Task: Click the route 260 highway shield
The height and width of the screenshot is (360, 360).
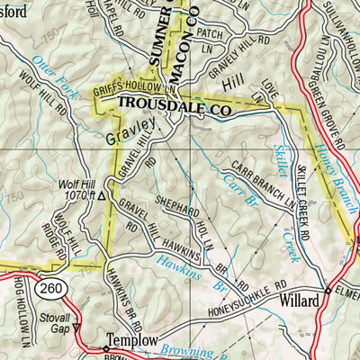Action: click(50, 287)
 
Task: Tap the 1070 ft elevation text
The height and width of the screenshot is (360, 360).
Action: click(76, 194)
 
